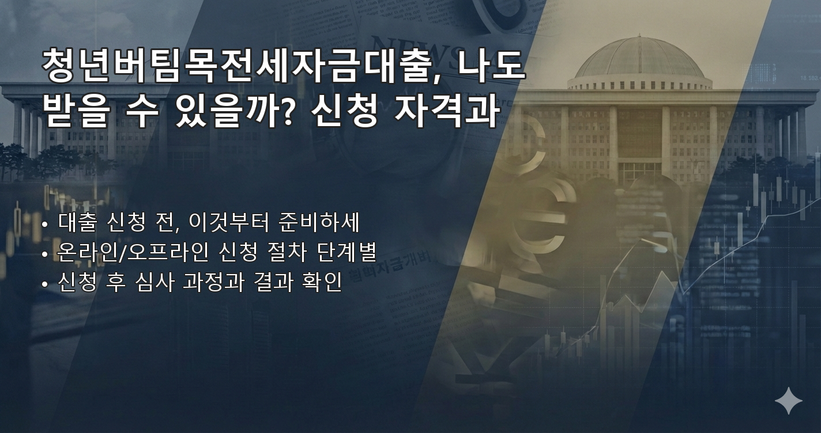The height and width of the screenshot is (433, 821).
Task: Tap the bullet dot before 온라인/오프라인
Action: [x=45, y=254]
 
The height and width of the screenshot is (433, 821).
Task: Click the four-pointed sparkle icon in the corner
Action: [x=788, y=401]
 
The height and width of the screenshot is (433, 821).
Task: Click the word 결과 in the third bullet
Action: [x=273, y=283]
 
